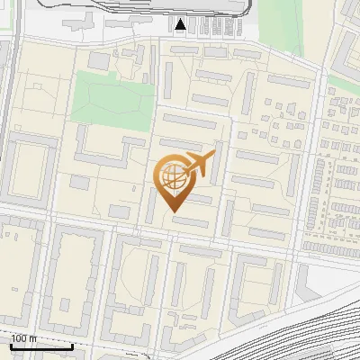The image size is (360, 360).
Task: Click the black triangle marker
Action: coord(181,24)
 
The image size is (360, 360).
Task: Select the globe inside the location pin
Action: coord(171,176)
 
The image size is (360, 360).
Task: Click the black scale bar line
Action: coord(41,346)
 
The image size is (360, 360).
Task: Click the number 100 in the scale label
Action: coord(18,338)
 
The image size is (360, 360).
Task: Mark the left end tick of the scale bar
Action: coord(11,344)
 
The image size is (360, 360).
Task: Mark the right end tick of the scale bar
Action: coord(72,344)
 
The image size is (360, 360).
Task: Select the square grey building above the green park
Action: coord(99,61)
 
